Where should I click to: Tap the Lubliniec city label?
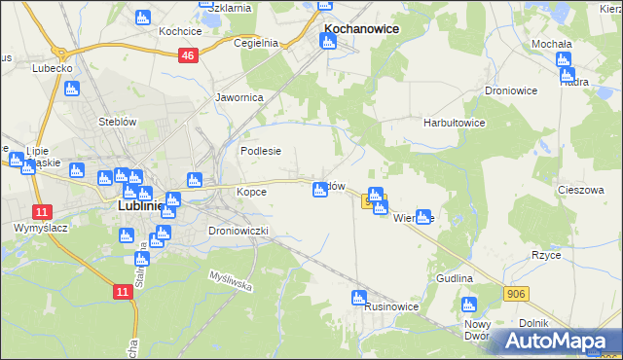[131, 206]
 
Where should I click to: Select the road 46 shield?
[189, 56]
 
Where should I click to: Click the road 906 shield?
[517, 292]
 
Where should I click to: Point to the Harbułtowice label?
[454, 124]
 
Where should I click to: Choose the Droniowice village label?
[511, 90]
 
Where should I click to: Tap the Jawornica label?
[239, 97]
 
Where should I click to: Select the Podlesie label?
[261, 151]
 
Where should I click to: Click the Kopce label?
[251, 192]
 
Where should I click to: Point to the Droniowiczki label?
[238, 231]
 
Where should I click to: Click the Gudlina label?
[455, 278]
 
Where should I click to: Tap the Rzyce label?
[571, 255]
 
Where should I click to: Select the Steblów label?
[116, 122]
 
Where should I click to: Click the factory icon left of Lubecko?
[70, 89]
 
